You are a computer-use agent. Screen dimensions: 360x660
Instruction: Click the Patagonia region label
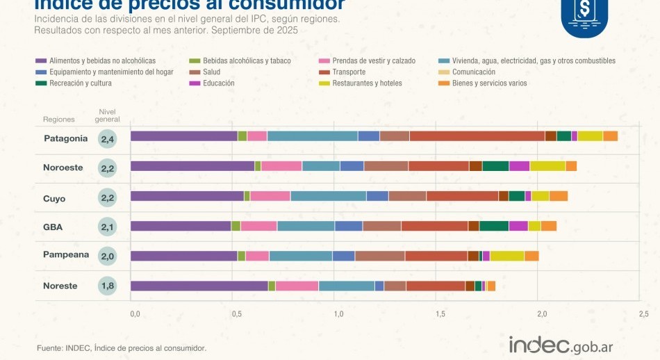[x=66, y=138]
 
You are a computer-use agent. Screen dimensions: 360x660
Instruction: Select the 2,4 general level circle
[x=108, y=139]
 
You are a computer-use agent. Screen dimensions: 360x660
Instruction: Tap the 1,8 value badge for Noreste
[x=108, y=286]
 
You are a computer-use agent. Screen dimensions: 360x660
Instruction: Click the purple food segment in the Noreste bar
[x=199, y=286]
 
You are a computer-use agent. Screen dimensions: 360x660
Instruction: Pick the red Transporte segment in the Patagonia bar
[x=477, y=136]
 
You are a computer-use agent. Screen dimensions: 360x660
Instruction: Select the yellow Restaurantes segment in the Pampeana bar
[x=506, y=256]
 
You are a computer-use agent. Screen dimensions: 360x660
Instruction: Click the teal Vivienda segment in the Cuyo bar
[x=328, y=196]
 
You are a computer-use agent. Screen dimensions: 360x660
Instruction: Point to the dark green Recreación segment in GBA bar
[x=494, y=226]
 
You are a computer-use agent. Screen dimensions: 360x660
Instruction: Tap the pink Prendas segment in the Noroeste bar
[x=281, y=166]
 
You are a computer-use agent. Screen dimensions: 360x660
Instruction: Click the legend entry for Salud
[x=211, y=72]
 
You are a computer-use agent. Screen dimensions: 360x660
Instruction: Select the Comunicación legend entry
[x=473, y=72]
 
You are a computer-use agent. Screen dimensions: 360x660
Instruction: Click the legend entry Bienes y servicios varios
[x=489, y=83]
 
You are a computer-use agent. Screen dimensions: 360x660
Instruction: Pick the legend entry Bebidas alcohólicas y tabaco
[x=247, y=60]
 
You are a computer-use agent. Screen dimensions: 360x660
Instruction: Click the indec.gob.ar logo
[x=560, y=345]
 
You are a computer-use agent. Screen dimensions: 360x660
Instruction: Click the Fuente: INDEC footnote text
[x=122, y=347]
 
